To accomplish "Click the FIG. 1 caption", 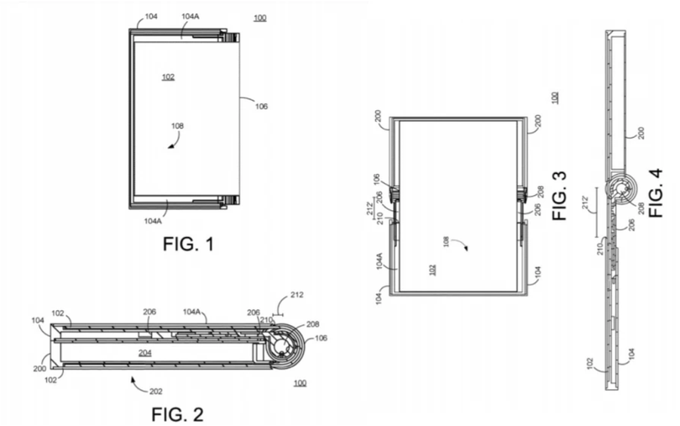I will [x=188, y=245].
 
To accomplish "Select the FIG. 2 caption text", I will [x=177, y=413].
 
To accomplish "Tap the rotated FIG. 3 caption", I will [x=560, y=195].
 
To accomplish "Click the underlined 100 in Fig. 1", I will [x=260, y=17].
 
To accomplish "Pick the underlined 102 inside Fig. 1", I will [x=168, y=76].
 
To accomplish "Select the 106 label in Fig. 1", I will [x=262, y=106].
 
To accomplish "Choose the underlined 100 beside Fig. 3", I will [x=554, y=97].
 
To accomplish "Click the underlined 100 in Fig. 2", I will [x=300, y=383].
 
